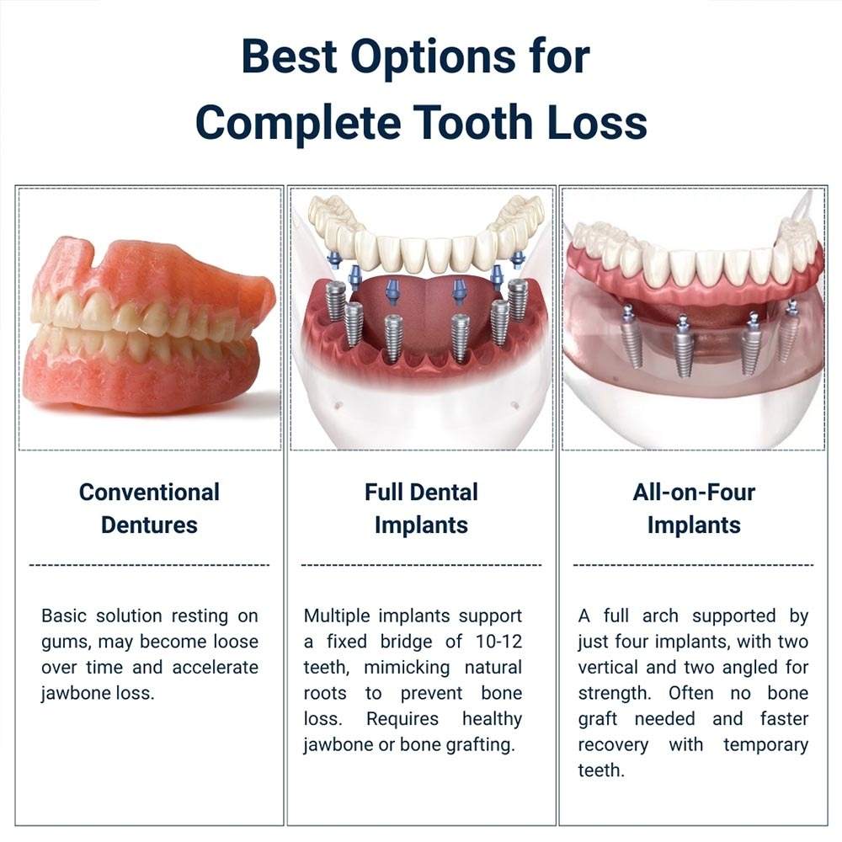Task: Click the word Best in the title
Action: [288, 58]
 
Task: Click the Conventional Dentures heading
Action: [149, 508]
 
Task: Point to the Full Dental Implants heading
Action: [421, 508]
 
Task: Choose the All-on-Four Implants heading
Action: [694, 508]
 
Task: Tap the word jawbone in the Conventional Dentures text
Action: [77, 694]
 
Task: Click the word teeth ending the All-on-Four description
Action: [601, 771]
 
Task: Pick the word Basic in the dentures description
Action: [64, 616]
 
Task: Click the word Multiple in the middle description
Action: [337, 616]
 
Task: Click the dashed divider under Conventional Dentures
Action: [149, 565]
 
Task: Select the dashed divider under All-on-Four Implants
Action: [694, 565]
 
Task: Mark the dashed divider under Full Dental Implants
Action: [421, 565]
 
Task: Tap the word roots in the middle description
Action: [325, 694]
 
